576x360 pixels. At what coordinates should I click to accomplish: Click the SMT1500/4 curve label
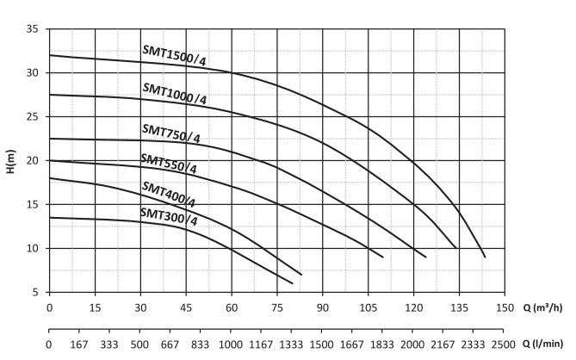click(175, 59)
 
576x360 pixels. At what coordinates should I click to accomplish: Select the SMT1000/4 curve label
click(175, 94)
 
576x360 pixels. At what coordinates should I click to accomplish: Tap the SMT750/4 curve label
click(170, 133)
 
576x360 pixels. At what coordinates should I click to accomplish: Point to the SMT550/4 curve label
click(169, 164)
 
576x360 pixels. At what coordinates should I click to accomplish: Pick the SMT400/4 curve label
click(168, 195)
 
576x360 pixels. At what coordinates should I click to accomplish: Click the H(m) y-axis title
click(10, 160)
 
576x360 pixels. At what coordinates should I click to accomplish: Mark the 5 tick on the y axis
click(34, 293)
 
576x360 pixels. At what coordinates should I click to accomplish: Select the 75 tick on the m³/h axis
click(276, 308)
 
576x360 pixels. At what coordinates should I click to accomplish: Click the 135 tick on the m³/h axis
click(459, 308)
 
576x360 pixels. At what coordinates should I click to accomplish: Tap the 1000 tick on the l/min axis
click(231, 344)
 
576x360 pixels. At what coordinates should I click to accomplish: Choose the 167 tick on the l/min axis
click(79, 344)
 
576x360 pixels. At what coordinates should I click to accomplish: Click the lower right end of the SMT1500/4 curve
click(486, 257)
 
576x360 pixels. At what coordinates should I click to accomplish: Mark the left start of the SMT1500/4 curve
click(50, 55)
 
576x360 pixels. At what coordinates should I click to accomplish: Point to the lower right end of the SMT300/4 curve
click(293, 283)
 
